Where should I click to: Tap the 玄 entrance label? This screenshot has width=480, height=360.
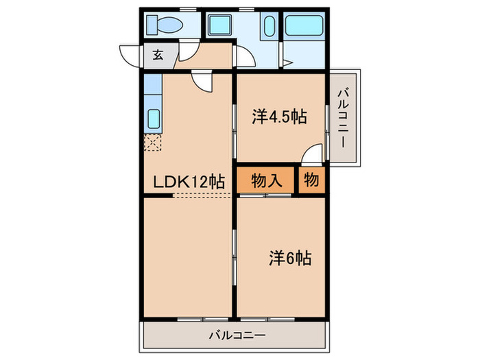pos(158,56)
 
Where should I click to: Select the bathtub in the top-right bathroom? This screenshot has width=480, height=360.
pos(304,27)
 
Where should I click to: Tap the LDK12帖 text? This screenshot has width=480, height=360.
pos(189,182)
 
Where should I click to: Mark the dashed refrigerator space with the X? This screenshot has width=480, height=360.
pos(153,143)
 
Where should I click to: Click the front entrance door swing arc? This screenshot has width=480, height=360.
pos(130,56)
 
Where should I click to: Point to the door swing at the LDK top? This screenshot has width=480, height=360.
pos(203,82)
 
